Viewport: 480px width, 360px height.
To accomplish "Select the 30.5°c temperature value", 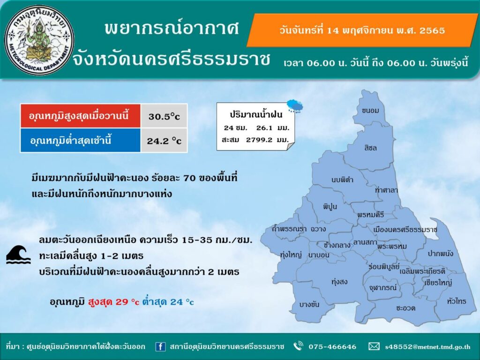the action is [x=164, y=116].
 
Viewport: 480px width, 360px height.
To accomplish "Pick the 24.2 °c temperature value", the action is [x=164, y=141].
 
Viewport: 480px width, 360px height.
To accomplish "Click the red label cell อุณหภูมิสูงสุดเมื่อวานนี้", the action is [x=81, y=116].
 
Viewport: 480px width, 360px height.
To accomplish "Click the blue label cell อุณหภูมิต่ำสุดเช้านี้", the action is [x=81, y=140].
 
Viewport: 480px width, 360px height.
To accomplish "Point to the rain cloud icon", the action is [x=295, y=106].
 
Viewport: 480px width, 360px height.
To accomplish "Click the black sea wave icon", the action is [x=19, y=255].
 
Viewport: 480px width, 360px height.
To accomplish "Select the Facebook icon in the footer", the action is [x=160, y=346].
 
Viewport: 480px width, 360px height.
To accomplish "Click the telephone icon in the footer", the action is [x=298, y=346].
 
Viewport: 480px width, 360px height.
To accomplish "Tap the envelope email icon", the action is [x=374, y=346].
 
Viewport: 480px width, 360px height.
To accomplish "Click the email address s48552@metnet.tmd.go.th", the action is [x=427, y=347].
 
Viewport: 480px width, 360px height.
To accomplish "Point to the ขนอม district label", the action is [x=370, y=111].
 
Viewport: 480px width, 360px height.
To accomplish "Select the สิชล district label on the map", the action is [x=370, y=148].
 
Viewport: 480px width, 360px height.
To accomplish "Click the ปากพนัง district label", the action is [x=440, y=254].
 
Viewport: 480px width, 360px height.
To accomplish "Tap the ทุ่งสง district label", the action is [x=339, y=282].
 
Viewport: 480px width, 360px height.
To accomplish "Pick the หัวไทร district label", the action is [x=457, y=301].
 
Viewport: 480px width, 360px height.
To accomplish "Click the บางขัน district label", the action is [x=309, y=305].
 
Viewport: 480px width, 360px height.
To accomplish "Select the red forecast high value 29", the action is [x=121, y=302].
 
